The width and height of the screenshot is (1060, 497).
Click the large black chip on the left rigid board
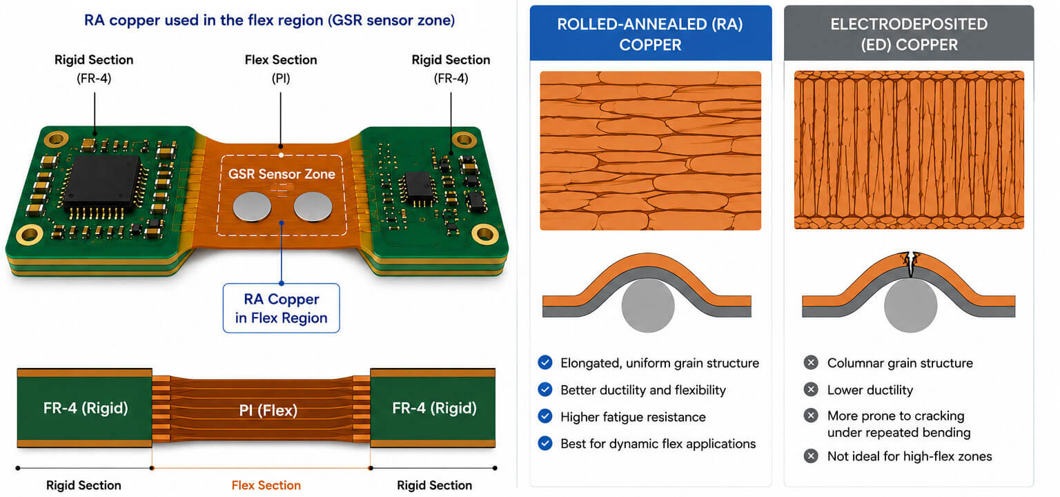coord(102,183)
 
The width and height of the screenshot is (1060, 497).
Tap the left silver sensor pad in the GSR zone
coord(252,207)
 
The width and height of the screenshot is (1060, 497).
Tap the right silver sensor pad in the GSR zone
coord(313,207)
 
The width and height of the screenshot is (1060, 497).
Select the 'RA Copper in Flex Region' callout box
coord(281,308)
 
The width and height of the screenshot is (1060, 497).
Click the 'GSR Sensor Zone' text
coord(282,174)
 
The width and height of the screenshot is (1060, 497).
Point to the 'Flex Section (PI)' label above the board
coord(281,68)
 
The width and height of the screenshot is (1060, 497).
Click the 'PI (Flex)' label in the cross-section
coord(268,410)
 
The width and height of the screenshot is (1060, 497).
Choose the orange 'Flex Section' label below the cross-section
coord(266,485)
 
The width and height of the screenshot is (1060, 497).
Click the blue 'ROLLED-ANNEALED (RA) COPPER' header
coord(650,33)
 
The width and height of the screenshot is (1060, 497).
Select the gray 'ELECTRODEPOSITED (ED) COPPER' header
coord(909,33)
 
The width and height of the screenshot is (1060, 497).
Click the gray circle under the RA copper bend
coord(648,305)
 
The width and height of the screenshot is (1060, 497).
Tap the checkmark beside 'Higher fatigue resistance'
coord(545,416)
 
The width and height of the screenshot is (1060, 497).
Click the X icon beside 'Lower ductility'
coord(811,389)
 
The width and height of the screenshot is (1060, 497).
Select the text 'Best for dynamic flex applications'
coord(658,444)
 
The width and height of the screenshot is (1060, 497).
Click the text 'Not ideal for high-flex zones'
coord(910,456)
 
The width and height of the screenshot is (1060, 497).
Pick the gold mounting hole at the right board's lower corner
coord(485,234)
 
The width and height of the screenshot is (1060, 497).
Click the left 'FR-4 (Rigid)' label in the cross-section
coord(86,408)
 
